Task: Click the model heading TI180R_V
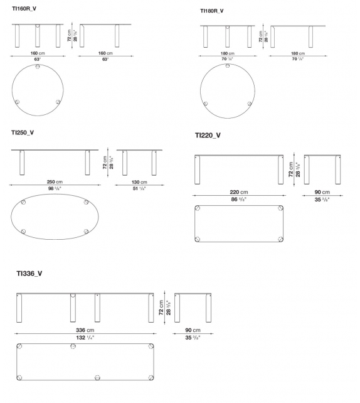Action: pos(211,11)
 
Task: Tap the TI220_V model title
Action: pos(208,135)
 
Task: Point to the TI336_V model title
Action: pos(29,273)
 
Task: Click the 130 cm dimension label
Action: pos(139,182)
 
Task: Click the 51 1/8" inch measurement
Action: pos(139,189)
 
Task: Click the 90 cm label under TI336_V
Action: pos(193,330)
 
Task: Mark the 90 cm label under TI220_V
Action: pos(322,192)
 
